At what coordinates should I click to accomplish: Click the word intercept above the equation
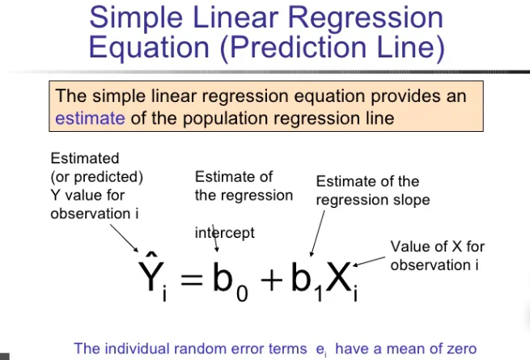pyautogui.click(x=225, y=233)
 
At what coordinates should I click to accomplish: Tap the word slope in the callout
pyautogui.click(x=413, y=200)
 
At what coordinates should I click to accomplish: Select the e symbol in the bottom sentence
pyautogui.click(x=320, y=349)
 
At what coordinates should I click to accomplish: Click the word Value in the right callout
pyautogui.click(x=408, y=247)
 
